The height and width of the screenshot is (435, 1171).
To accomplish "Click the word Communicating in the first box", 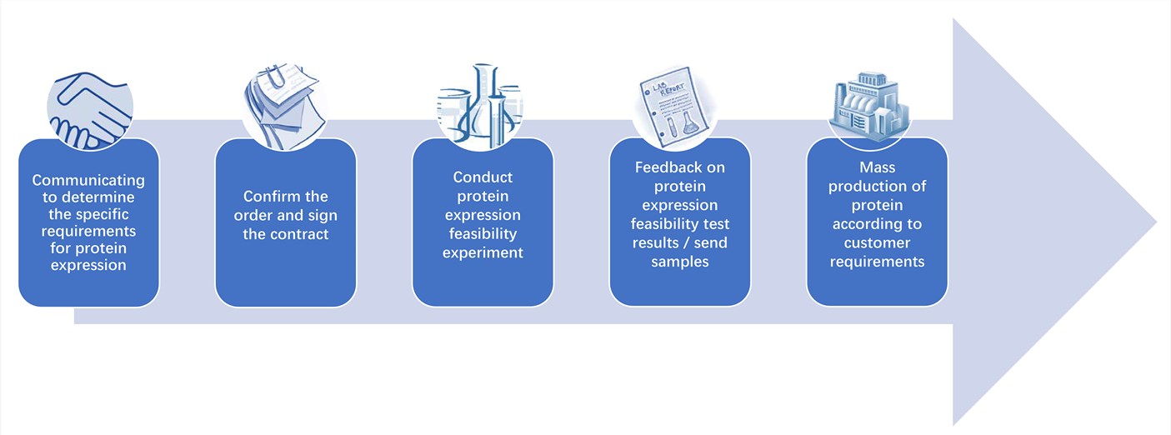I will click(88, 180).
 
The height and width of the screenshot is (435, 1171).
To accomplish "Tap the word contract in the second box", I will click(299, 234).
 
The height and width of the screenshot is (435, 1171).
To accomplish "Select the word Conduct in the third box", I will click(483, 177).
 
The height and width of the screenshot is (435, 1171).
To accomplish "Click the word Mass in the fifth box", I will click(877, 167).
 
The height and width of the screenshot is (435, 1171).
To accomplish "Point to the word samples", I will click(680, 262).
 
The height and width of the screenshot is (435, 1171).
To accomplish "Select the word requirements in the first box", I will click(88, 230).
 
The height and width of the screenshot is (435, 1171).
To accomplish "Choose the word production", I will click(877, 186).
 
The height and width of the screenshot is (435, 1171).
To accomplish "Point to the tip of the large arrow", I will click(1155, 222).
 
